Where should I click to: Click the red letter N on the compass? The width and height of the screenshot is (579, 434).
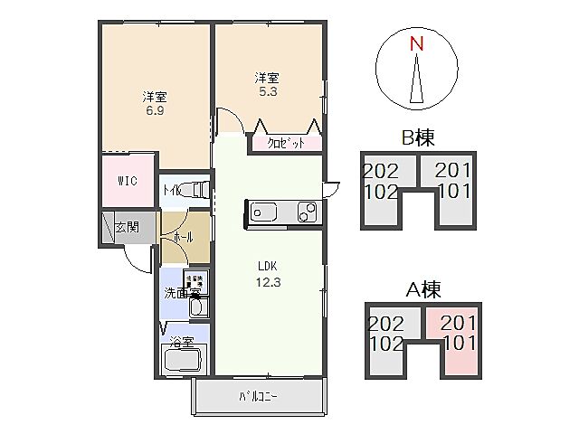(415, 43)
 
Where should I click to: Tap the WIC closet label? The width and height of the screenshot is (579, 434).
(127, 180)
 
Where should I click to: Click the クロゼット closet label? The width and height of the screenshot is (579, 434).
(283, 143)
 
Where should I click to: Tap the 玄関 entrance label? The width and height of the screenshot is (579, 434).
(127, 227)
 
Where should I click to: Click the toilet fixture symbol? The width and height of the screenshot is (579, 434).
(198, 190)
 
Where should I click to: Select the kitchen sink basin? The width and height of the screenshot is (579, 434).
(266, 212)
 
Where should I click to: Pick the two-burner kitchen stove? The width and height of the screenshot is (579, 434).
(308, 212)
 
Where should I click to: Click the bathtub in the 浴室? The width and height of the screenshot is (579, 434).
(184, 360)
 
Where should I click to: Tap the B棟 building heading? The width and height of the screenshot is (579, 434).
(418, 138)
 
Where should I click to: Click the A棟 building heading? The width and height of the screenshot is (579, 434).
(418, 290)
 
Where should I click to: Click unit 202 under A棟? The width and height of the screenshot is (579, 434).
(385, 323)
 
